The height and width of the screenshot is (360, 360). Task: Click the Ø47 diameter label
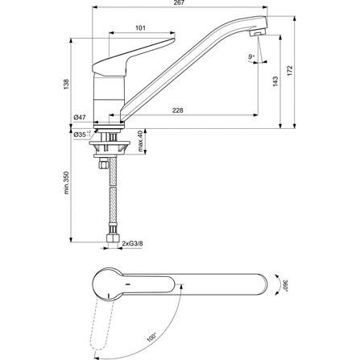pos(79,118)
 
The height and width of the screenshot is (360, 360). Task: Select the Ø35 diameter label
pos(80,133)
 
